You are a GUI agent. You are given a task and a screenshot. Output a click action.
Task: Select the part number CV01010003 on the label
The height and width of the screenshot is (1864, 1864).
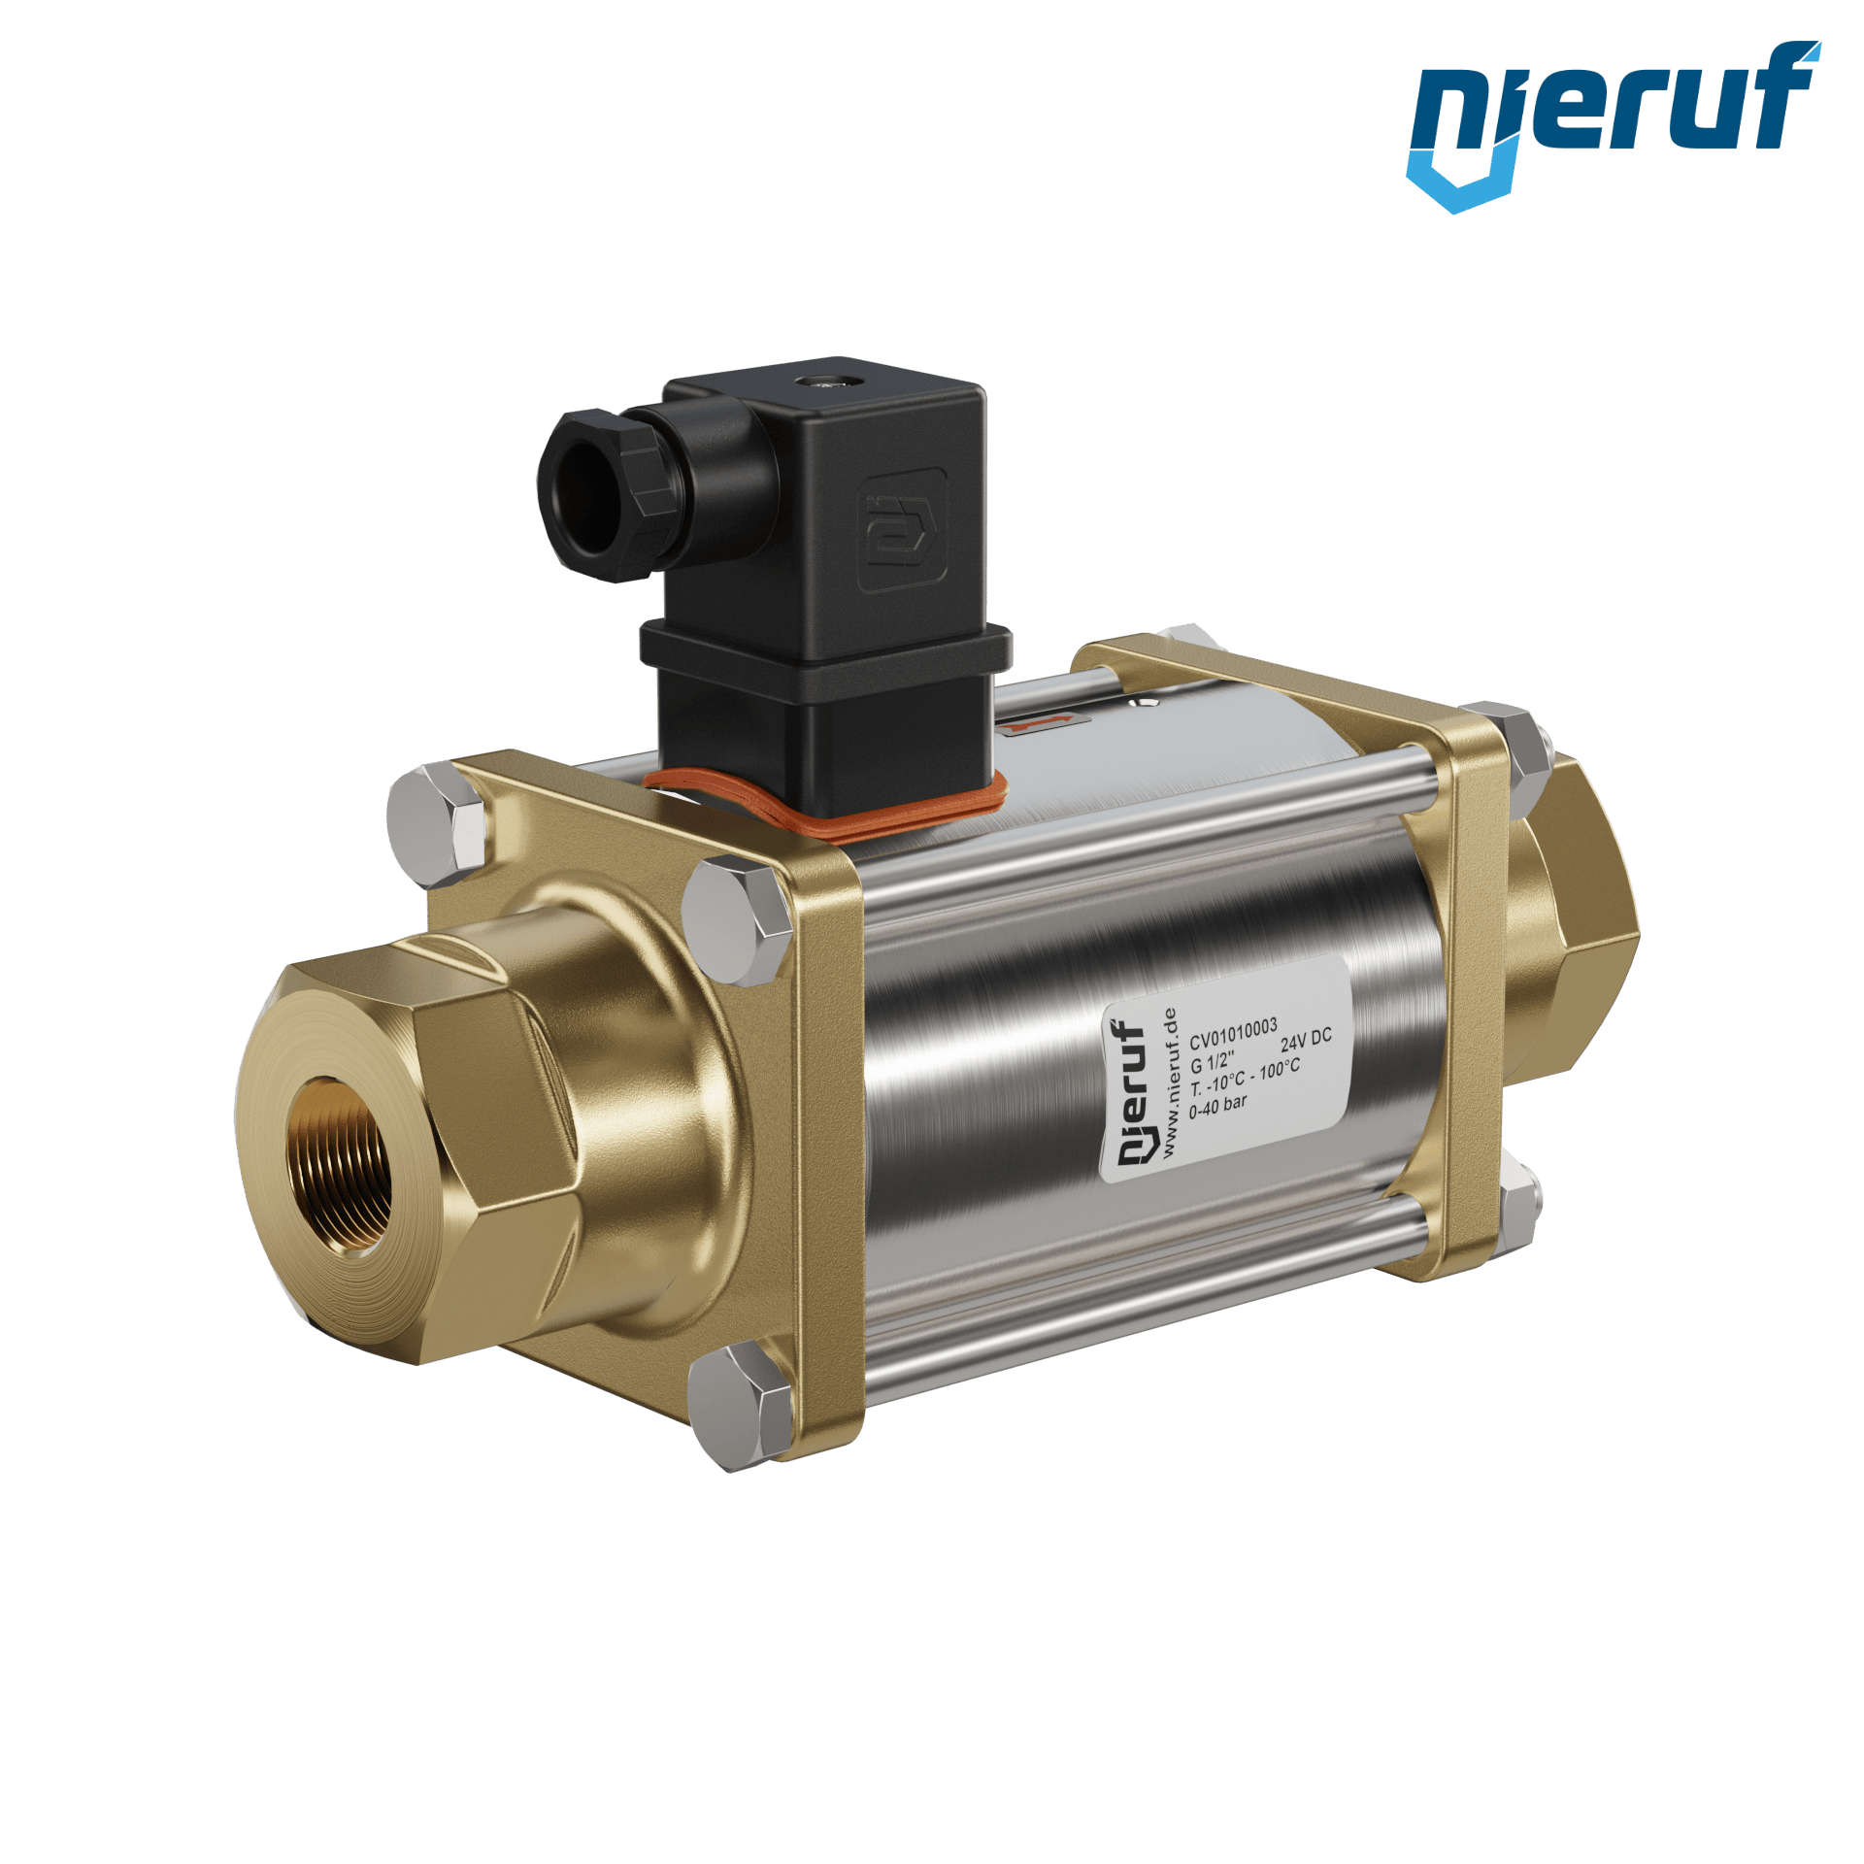tap(1233, 1034)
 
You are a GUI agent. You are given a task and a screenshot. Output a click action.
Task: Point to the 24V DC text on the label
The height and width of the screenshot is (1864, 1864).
tap(1306, 1040)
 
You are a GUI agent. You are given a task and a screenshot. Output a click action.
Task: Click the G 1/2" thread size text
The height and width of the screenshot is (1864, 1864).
tap(1213, 1061)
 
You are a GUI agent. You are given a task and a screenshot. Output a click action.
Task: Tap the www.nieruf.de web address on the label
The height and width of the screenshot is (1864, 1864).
tap(1169, 1082)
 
